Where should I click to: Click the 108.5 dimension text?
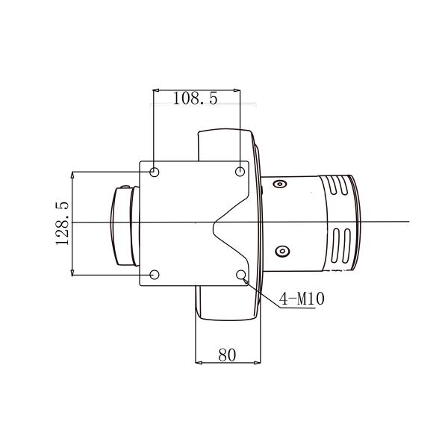pos(196,99)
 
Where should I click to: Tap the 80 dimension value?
pos(227,355)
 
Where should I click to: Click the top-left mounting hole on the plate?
pos(155,172)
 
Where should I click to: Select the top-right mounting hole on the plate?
pos(240,172)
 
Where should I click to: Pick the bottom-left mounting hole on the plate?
pos(155,275)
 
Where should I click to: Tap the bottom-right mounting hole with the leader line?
pos(241,276)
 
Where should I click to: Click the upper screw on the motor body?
pos(280,184)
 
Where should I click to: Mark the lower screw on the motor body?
pos(281,251)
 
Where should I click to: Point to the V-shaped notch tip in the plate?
pos(213,223)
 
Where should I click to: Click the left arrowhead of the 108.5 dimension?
pos(156,90)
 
